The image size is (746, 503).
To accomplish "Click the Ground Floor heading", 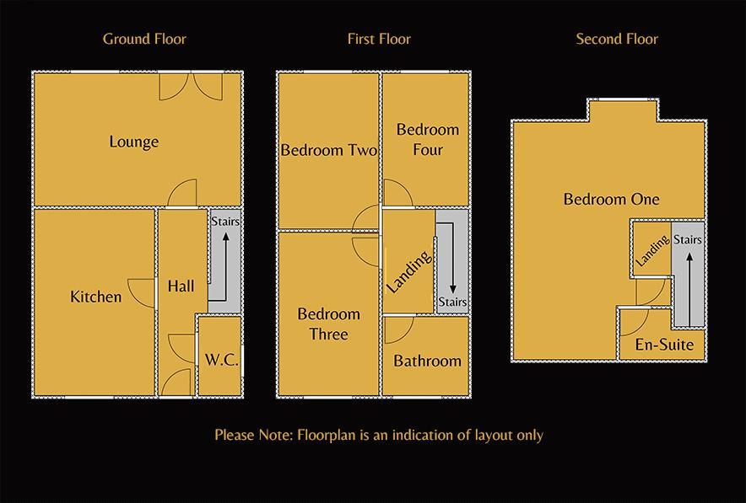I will pyautogui.click(x=144, y=39).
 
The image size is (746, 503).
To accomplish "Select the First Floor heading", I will pyautogui.click(x=379, y=39).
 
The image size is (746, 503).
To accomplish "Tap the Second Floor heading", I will pyautogui.click(x=617, y=39).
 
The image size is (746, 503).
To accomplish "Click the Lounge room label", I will pyautogui.click(x=134, y=142).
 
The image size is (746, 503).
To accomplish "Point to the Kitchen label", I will pyautogui.click(x=95, y=297).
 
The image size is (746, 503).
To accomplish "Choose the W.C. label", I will pyautogui.click(x=221, y=360).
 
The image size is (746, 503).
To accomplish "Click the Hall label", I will pyautogui.click(x=181, y=286).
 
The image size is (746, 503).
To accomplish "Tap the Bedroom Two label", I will pyautogui.click(x=328, y=150).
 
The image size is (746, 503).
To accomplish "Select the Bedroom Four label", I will pyautogui.click(x=428, y=140).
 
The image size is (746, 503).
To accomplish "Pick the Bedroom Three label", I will pyautogui.click(x=328, y=324).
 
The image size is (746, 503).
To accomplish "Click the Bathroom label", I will pyautogui.click(x=427, y=361).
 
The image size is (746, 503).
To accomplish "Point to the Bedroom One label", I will pyautogui.click(x=612, y=200).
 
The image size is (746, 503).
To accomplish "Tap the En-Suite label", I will pyautogui.click(x=665, y=345).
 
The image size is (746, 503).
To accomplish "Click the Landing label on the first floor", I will pyautogui.click(x=409, y=272).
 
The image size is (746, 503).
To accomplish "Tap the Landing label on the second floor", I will pyautogui.click(x=652, y=250).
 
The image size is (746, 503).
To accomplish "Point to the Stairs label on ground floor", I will pyautogui.click(x=225, y=222).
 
